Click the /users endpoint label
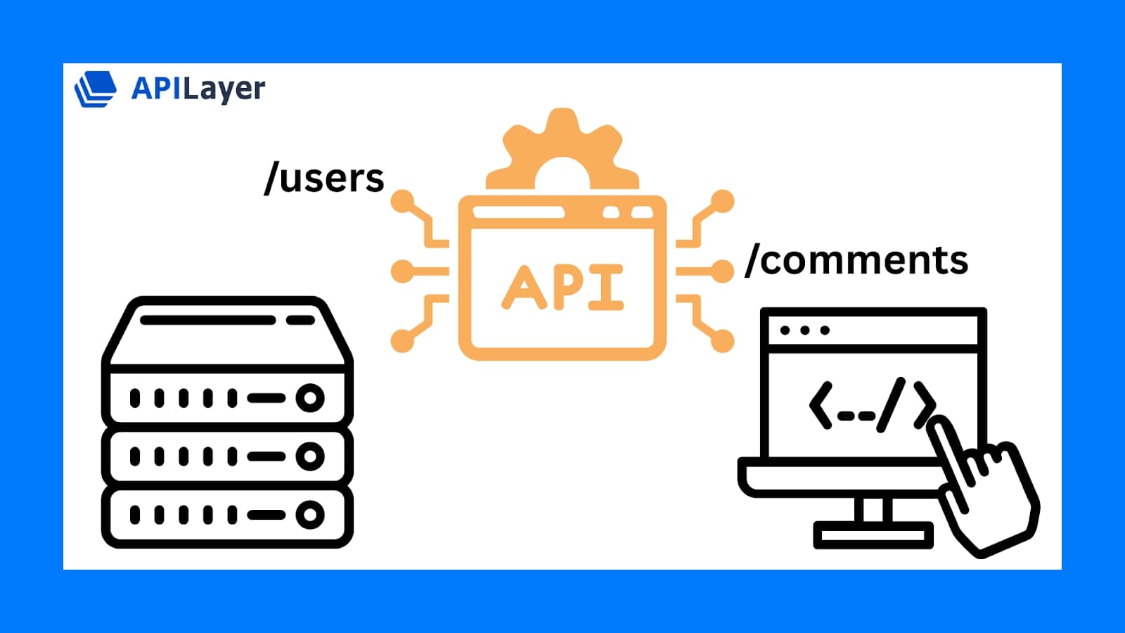324,179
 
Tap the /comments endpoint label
856,260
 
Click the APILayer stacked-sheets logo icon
95,89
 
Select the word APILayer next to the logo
198,89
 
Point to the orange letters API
562,287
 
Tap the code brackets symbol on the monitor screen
872,404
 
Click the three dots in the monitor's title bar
805,330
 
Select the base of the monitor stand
873,536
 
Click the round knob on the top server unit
309,398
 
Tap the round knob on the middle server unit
309,456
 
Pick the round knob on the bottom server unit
309,515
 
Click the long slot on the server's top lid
207,320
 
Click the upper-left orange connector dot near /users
403,202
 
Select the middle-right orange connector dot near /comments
722,271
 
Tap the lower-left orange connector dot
402,341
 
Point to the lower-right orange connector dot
722,341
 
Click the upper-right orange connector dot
722,202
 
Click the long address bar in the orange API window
518,212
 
